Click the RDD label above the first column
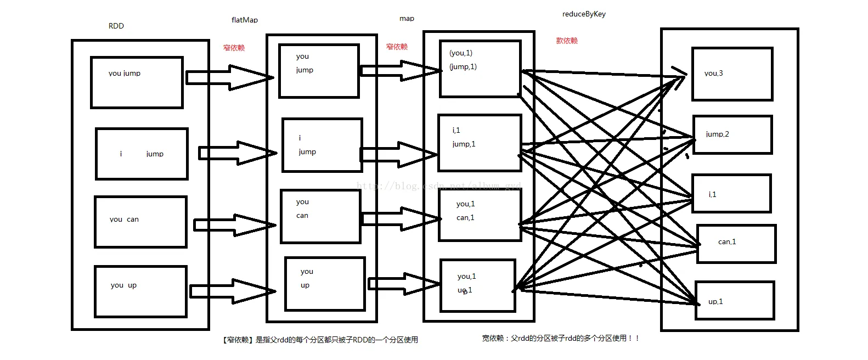tap(116, 26)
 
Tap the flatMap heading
tap(245, 20)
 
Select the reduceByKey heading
tap(584, 14)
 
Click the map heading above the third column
tap(407, 19)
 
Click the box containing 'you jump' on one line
tap(137, 82)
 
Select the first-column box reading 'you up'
tap(140, 291)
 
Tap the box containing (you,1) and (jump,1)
tap(480, 69)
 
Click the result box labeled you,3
tap(732, 74)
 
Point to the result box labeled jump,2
tap(732, 134)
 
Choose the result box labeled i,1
tap(731, 194)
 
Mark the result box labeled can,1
tap(736, 244)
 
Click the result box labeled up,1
tap(734, 301)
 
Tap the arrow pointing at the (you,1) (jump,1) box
tap(401, 70)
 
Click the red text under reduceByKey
tap(567, 41)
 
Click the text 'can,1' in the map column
tap(465, 218)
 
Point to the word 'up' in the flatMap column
tap(305, 285)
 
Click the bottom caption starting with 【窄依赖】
tap(320, 340)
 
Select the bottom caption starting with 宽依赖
tap(561, 339)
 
